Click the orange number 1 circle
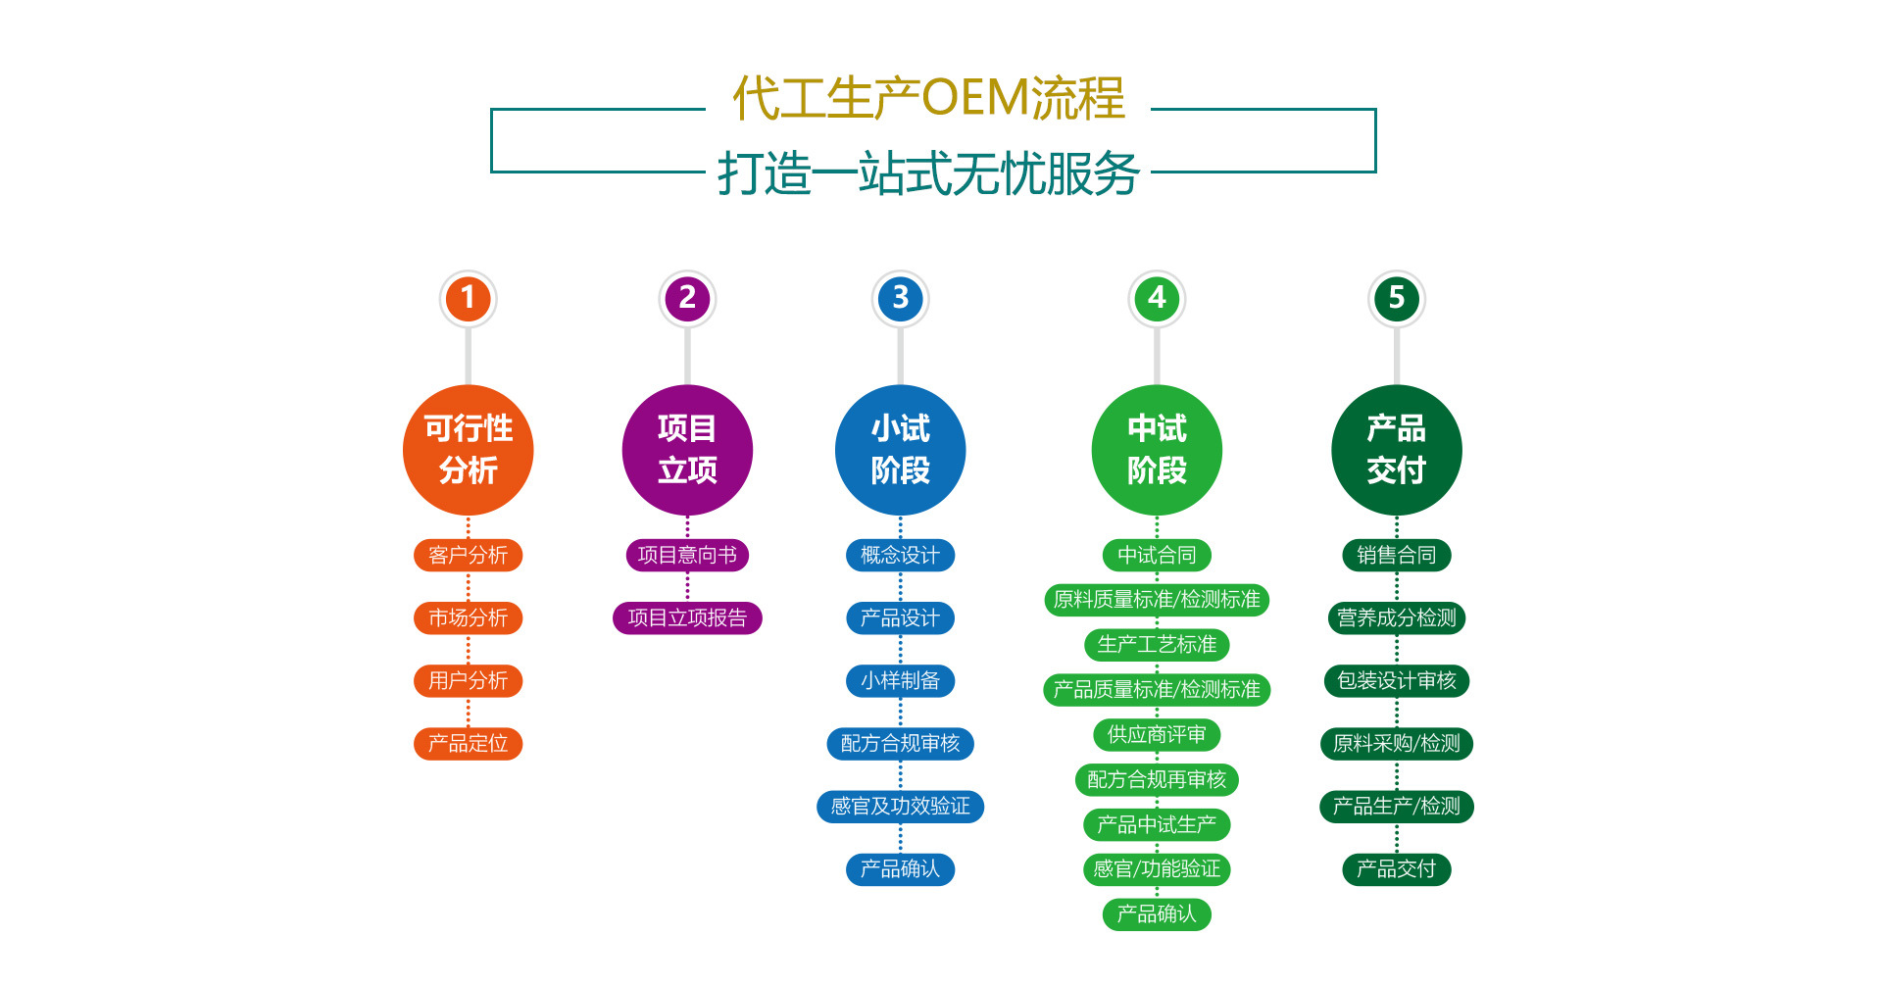(x=468, y=298)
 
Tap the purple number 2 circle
(x=687, y=298)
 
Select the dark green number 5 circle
(x=1396, y=298)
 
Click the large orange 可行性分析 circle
(x=468, y=450)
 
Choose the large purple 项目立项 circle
(x=687, y=450)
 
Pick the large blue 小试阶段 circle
(x=900, y=450)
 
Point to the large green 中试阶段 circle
(x=1157, y=450)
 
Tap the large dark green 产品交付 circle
(x=1396, y=450)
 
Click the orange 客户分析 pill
(x=468, y=556)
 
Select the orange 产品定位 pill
(x=468, y=744)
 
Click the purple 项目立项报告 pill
(x=687, y=618)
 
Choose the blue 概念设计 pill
(x=900, y=556)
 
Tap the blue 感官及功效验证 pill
(x=900, y=807)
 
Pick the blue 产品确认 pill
(x=900, y=869)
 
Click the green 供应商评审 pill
(x=1157, y=735)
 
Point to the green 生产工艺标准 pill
(x=1157, y=645)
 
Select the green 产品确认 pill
(x=1157, y=914)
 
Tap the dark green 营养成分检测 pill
(x=1396, y=618)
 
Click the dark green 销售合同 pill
(x=1396, y=556)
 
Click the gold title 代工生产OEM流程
(x=928, y=98)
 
